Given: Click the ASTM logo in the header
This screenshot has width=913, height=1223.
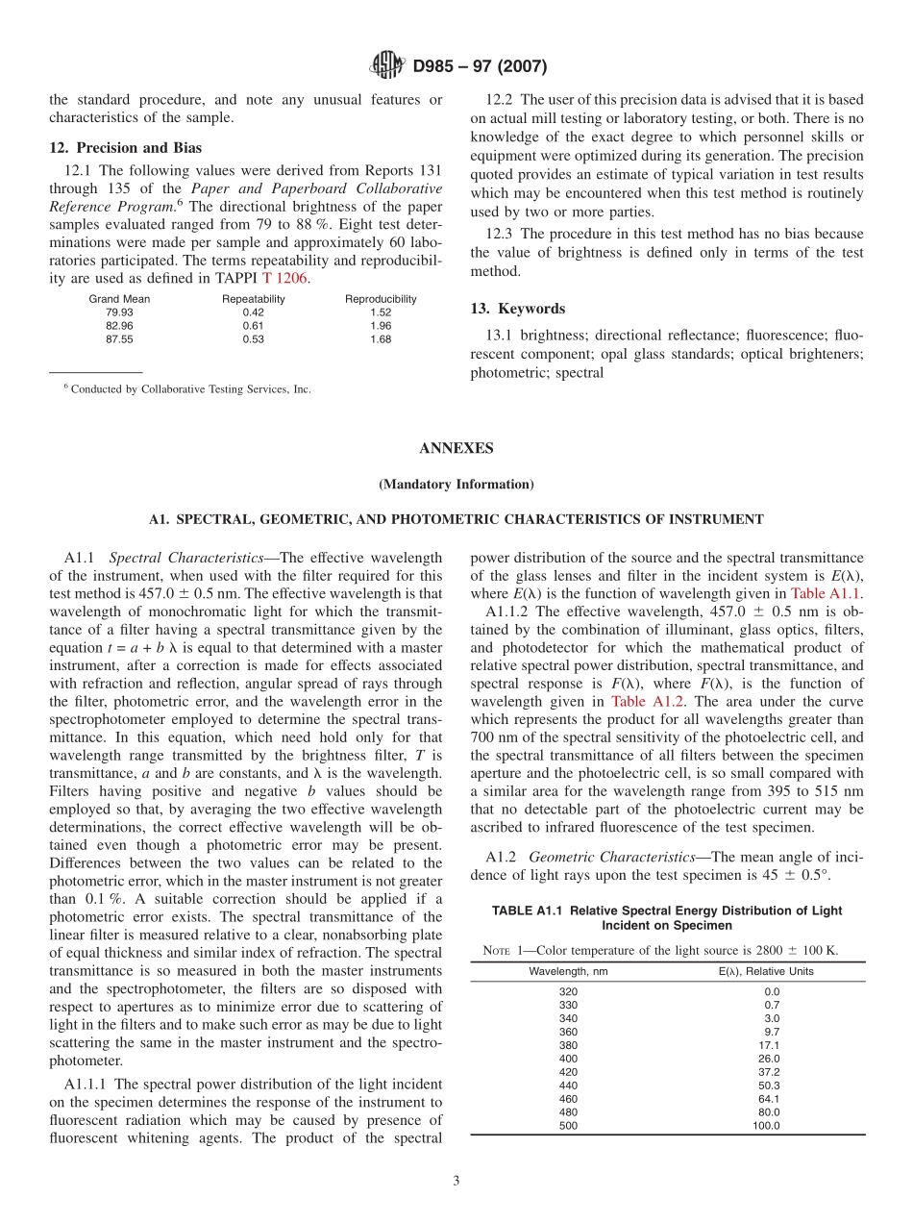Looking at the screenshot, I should click(387, 66).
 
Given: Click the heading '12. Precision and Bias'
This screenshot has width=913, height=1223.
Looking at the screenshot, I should click(126, 148).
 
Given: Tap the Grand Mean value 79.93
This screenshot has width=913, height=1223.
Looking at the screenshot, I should click(119, 312).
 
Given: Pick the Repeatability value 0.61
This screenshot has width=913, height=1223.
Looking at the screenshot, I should click(254, 326).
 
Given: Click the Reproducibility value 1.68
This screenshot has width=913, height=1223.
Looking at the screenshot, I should click(381, 339).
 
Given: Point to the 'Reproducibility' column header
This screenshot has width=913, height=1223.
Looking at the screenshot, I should click(381, 299).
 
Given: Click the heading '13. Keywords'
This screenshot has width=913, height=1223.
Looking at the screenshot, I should click(517, 309).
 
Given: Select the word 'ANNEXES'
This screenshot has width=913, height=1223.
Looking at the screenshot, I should click(456, 448).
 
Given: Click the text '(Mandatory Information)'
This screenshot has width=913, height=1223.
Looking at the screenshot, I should click(456, 484).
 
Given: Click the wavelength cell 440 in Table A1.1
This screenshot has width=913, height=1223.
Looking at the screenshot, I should click(568, 1086).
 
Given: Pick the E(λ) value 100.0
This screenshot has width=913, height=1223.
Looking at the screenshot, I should click(766, 1126).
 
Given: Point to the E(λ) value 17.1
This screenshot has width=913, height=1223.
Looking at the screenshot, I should click(769, 1045).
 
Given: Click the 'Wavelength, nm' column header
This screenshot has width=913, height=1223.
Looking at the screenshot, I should click(568, 971).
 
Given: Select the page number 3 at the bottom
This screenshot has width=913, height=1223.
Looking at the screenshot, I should click(456, 1182).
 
